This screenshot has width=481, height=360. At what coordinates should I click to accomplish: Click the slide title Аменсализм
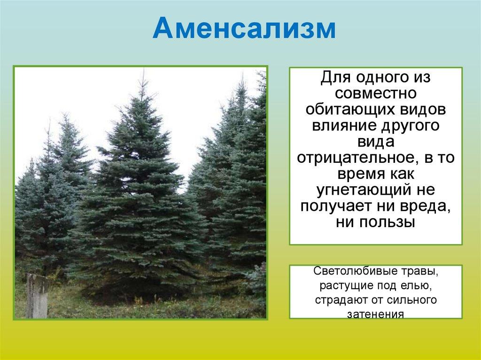(x=244, y=28)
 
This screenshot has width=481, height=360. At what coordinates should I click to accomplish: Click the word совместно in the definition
(x=376, y=93)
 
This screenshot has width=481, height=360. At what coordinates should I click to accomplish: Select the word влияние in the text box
(x=343, y=125)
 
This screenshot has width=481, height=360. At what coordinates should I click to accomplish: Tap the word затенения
(x=376, y=314)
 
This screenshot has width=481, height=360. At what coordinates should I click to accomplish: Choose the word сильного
(x=411, y=299)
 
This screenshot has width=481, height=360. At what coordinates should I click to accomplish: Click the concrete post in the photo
(x=37, y=296)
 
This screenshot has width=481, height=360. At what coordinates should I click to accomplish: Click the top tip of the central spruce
(x=143, y=69)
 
